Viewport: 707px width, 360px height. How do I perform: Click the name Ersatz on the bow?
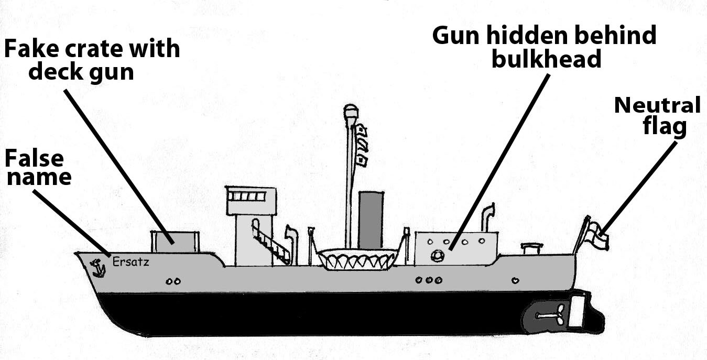[130, 261]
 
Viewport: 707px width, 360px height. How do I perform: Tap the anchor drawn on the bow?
[97, 268]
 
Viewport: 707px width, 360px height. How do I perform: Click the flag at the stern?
[597, 234]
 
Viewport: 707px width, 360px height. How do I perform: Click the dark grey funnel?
[371, 220]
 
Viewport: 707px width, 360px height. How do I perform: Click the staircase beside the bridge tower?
[270, 241]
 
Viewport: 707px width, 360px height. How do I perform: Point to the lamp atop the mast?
[350, 112]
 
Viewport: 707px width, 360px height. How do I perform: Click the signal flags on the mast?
[362, 144]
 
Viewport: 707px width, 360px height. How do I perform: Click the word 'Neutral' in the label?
[657, 106]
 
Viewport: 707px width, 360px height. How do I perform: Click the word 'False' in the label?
[34, 158]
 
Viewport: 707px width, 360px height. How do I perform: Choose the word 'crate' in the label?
[92, 49]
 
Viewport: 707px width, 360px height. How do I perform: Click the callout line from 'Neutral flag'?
[640, 183]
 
